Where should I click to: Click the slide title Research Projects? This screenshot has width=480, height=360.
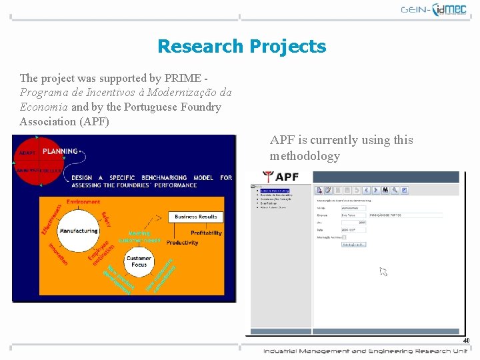tap(241, 47)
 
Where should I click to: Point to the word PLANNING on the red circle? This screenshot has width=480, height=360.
tap(60, 151)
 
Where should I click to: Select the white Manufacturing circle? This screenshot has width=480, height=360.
tap(78, 231)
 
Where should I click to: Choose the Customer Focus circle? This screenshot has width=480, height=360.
tap(139, 262)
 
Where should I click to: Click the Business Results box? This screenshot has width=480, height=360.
tap(195, 217)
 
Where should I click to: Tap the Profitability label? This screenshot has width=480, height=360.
tap(206, 233)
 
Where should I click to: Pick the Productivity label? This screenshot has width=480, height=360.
tap(182, 243)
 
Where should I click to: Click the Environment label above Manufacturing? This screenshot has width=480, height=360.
tap(83, 201)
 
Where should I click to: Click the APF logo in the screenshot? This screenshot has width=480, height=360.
tap(281, 177)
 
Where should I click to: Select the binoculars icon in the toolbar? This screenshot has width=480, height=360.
tap(385, 190)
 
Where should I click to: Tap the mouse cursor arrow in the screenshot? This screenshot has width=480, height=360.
tap(383, 271)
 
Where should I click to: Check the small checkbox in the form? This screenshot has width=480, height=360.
tap(344, 237)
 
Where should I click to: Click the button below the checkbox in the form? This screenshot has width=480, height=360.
tap(353, 245)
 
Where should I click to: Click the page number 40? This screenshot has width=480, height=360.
tap(466, 341)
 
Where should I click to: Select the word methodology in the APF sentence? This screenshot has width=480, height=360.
tap(305, 156)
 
